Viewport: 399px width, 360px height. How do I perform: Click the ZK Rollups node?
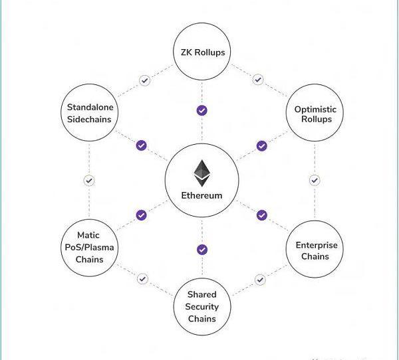202,52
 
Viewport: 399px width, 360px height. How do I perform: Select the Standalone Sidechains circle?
89,113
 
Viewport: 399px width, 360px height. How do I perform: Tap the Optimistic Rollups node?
315,113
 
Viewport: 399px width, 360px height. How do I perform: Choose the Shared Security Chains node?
202,306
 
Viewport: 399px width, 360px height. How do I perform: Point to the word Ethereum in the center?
202,195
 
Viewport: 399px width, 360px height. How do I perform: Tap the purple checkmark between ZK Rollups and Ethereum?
202,110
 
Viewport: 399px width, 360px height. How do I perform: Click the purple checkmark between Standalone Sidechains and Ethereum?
141,145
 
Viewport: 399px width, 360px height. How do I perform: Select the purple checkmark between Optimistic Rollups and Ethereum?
262,145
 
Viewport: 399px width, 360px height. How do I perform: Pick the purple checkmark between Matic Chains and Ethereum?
141,215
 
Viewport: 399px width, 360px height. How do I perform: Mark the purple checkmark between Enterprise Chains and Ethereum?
262,215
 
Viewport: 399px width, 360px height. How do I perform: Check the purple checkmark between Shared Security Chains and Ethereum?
202,250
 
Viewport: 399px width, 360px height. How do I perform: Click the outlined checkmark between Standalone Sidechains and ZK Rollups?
144,80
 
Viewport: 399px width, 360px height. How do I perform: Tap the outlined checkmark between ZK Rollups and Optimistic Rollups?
258,80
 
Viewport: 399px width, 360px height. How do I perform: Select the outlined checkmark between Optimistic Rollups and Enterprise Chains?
315,180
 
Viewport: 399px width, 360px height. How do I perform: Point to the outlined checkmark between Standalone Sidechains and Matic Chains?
89,180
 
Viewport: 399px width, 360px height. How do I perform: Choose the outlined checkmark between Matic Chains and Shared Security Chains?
142,279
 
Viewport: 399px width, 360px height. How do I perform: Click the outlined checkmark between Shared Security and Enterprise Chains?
260,280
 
